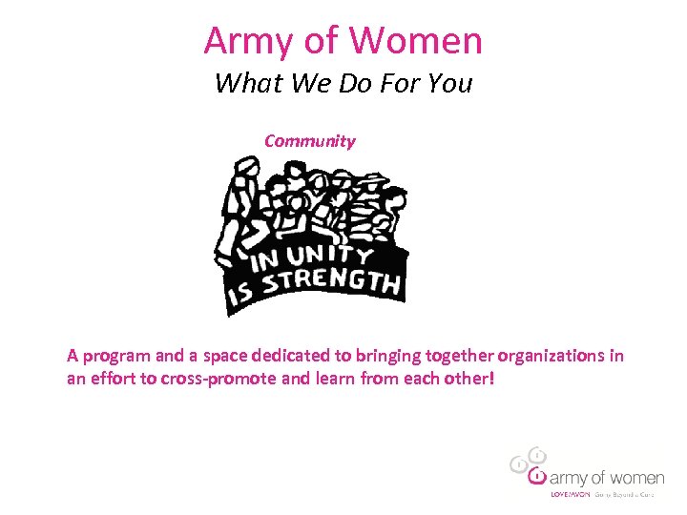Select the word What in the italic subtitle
pyautogui.click(x=243, y=84)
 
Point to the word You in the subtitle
pyautogui.click(x=449, y=84)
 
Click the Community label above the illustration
pyautogui.click(x=309, y=141)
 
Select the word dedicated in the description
pyautogui.click(x=292, y=357)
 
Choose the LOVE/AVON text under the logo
pyautogui.click(x=571, y=495)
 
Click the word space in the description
pyautogui.click(x=225, y=357)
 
